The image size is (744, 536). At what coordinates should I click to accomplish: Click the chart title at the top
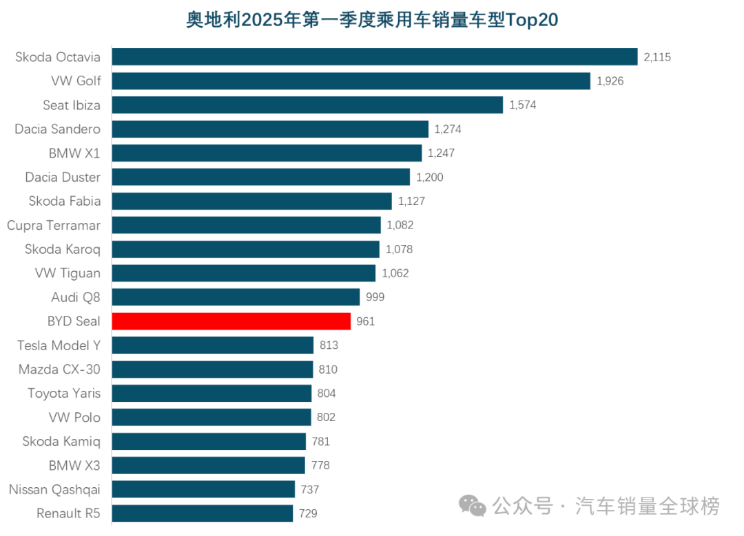click(372, 19)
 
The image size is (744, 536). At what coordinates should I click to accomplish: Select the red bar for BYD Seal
click(231, 321)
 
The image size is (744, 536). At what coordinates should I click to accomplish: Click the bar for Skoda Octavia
click(374, 57)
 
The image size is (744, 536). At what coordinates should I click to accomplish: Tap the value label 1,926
click(610, 81)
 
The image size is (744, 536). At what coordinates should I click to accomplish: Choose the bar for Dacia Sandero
click(270, 129)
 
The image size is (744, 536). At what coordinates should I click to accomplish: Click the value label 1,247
click(441, 153)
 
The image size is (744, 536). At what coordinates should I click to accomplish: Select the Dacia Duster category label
click(63, 178)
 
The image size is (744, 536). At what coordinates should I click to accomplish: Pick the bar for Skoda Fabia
click(251, 202)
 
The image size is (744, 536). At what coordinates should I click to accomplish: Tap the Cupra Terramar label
click(54, 226)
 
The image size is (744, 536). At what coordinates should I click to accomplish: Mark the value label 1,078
click(399, 249)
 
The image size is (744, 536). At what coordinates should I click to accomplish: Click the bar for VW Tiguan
click(243, 273)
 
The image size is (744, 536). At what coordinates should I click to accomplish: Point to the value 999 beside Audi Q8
click(375, 297)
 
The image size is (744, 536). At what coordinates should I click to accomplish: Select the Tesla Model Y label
click(59, 345)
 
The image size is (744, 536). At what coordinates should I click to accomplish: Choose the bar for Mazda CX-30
click(212, 369)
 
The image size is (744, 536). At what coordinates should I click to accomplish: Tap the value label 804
click(327, 394)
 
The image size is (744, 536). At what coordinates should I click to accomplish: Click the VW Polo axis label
click(74, 418)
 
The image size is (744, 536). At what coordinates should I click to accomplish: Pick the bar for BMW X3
click(208, 466)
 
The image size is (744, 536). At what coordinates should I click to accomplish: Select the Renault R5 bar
click(202, 513)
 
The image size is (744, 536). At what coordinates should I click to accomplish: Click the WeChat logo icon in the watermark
click(473, 506)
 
